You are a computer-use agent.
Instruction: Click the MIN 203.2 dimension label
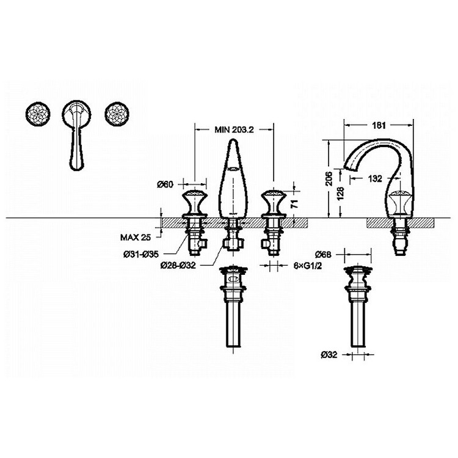[233, 129]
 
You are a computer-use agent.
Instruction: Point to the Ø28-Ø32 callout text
[178, 266]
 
